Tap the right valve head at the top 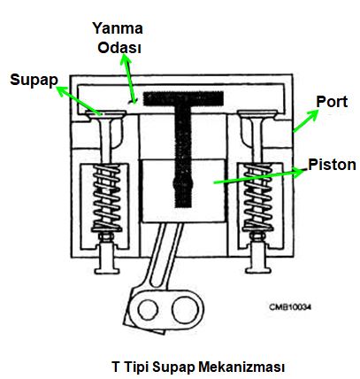(257, 114)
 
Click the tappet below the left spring (108, 257)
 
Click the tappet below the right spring (258, 257)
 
